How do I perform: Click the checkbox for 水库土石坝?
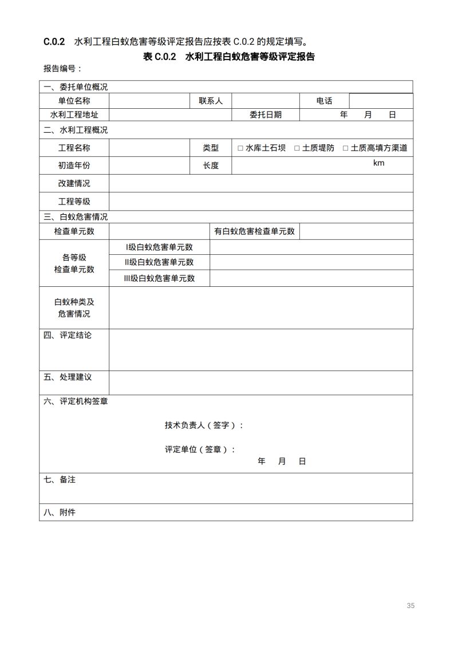(x=240, y=148)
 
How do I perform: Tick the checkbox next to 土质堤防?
(x=297, y=148)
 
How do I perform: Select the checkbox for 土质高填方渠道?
(x=346, y=148)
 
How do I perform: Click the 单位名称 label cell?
(x=74, y=101)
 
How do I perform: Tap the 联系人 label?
(x=211, y=101)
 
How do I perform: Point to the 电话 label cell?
(x=324, y=101)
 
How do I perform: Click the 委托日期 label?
(x=266, y=115)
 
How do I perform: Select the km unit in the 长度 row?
(x=378, y=163)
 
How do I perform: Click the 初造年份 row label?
(x=74, y=165)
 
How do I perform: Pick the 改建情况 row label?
(x=74, y=184)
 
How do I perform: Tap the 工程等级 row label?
(x=74, y=202)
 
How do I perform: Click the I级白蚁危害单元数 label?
(x=159, y=247)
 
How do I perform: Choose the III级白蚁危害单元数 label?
(x=159, y=278)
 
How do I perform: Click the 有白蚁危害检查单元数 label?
(x=254, y=231)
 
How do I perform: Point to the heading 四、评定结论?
(x=68, y=336)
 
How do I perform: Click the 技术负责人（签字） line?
(x=204, y=425)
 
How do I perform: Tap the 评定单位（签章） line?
(x=200, y=449)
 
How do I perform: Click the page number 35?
(x=410, y=606)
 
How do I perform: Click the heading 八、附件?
(x=60, y=512)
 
